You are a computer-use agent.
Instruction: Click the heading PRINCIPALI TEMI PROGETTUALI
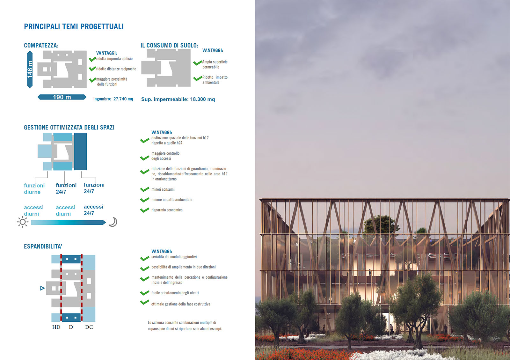tap(74, 27)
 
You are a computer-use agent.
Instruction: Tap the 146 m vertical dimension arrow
tap(30, 70)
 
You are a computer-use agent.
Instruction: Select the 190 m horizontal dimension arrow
tap(62, 97)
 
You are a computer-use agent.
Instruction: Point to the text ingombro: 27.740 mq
tap(113, 99)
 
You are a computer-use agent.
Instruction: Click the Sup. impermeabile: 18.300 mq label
tap(178, 99)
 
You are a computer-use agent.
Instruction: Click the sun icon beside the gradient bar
tap(23, 222)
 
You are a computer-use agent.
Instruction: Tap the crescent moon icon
tap(113, 222)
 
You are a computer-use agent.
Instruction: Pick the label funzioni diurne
tap(34, 188)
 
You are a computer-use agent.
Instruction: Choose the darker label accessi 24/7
tap(93, 210)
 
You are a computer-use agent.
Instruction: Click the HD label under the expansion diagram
tap(56, 327)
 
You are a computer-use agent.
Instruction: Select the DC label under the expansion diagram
tap(89, 327)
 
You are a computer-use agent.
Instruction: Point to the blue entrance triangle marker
tap(42, 288)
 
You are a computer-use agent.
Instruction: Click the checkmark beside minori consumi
tap(145, 189)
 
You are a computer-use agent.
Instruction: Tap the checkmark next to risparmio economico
tap(145, 210)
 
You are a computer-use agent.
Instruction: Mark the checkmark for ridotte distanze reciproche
tap(92, 69)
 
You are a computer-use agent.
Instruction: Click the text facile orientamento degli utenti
tap(175, 293)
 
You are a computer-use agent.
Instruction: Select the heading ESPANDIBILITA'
tap(43, 246)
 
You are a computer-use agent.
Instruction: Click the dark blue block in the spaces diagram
tap(80, 152)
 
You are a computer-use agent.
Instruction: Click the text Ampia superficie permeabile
tap(215, 64)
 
